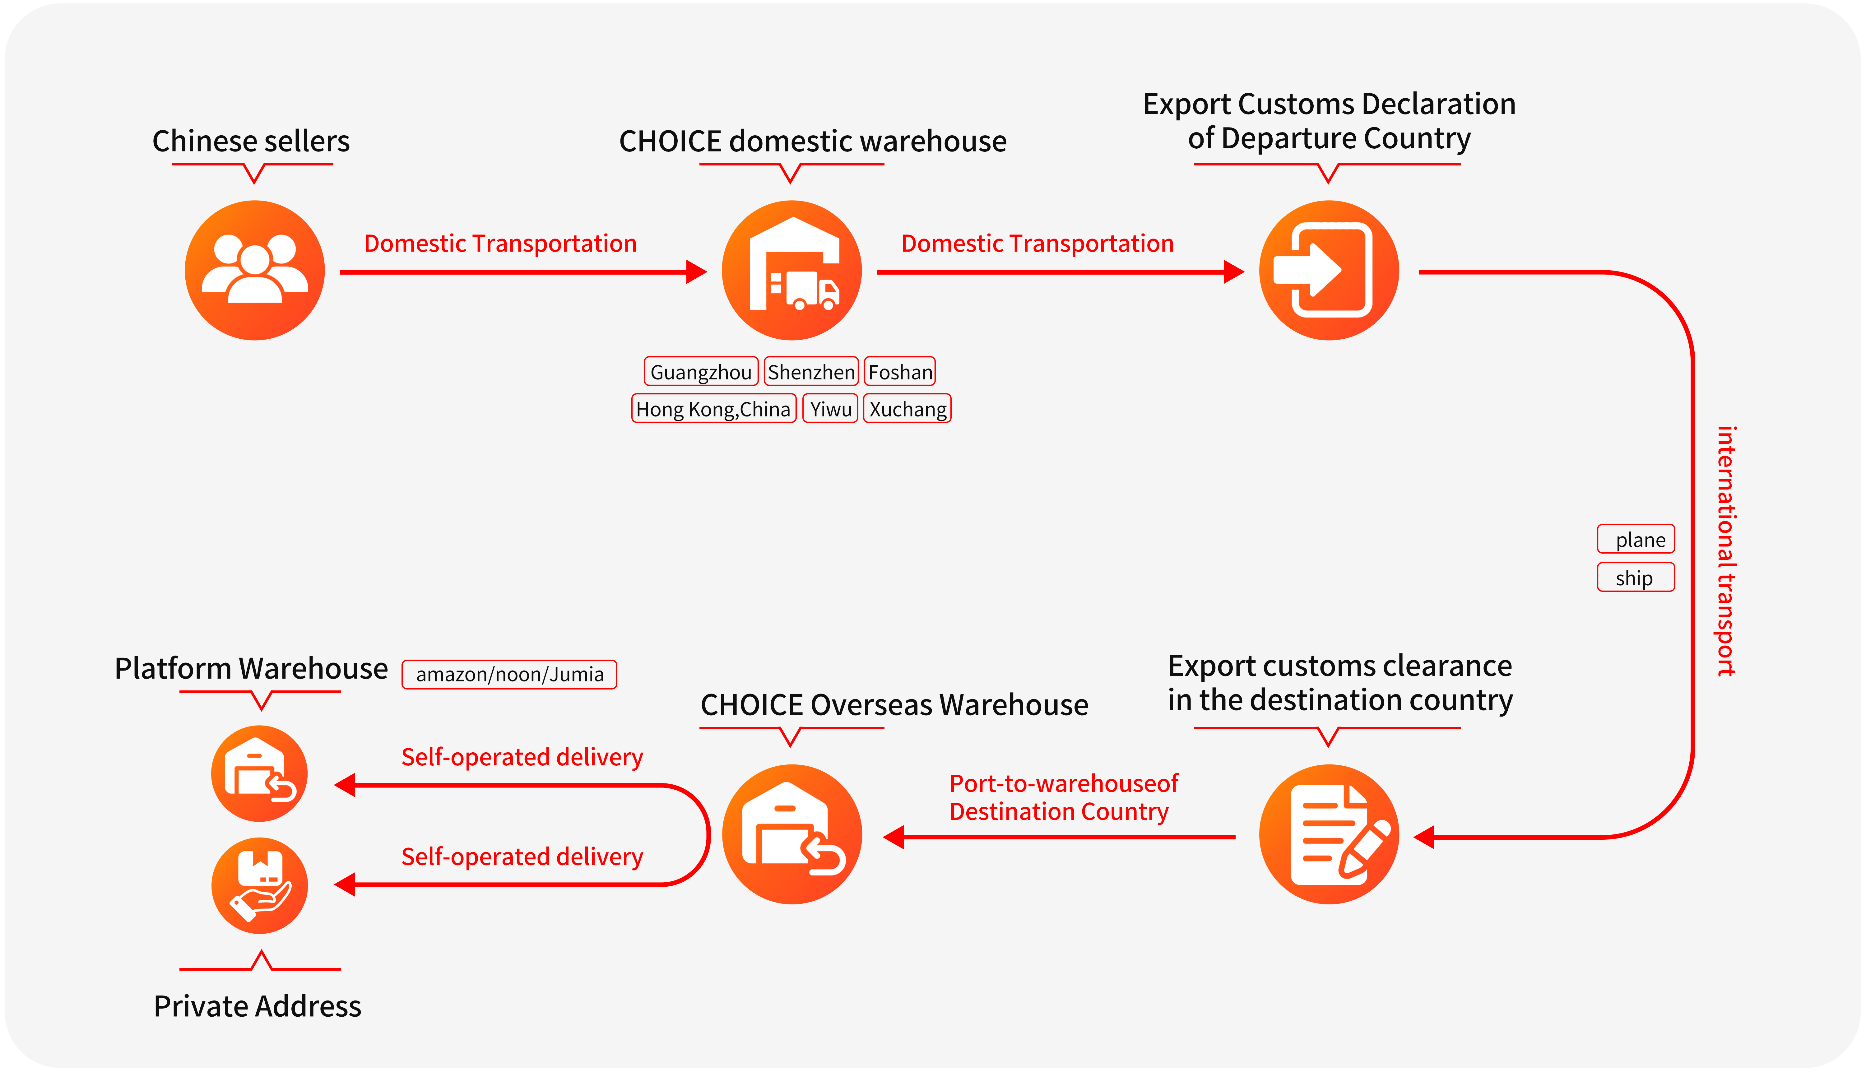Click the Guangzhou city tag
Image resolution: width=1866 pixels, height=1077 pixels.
(700, 371)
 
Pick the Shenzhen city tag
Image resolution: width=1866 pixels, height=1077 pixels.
(810, 371)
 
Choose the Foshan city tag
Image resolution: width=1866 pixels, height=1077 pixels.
(899, 371)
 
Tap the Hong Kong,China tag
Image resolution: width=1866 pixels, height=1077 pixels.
(713, 408)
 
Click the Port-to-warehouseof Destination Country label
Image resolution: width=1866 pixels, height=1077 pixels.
(1063, 797)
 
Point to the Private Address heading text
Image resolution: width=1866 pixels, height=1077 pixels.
(258, 1006)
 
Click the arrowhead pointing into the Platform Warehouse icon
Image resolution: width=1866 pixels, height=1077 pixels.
(345, 785)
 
